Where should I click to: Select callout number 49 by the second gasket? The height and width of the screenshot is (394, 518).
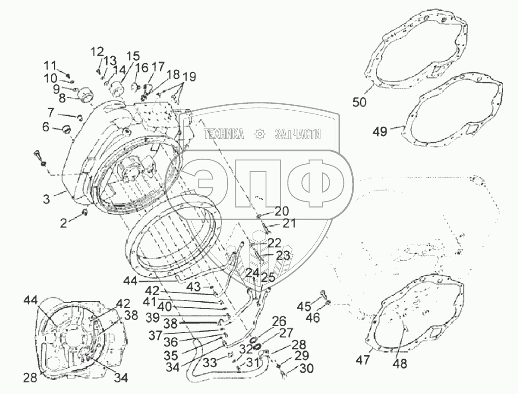tap(380, 132)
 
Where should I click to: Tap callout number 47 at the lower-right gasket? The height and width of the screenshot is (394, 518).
tap(363, 360)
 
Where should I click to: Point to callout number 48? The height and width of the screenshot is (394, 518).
tap(400, 364)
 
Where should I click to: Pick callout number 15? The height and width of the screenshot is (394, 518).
tap(133, 57)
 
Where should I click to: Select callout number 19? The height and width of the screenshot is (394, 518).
tap(189, 77)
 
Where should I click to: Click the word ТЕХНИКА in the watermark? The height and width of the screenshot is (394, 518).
tap(224, 134)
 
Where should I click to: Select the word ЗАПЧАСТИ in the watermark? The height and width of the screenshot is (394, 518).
tap(297, 134)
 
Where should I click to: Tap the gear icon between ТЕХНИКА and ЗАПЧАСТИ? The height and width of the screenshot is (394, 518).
tap(260, 134)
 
